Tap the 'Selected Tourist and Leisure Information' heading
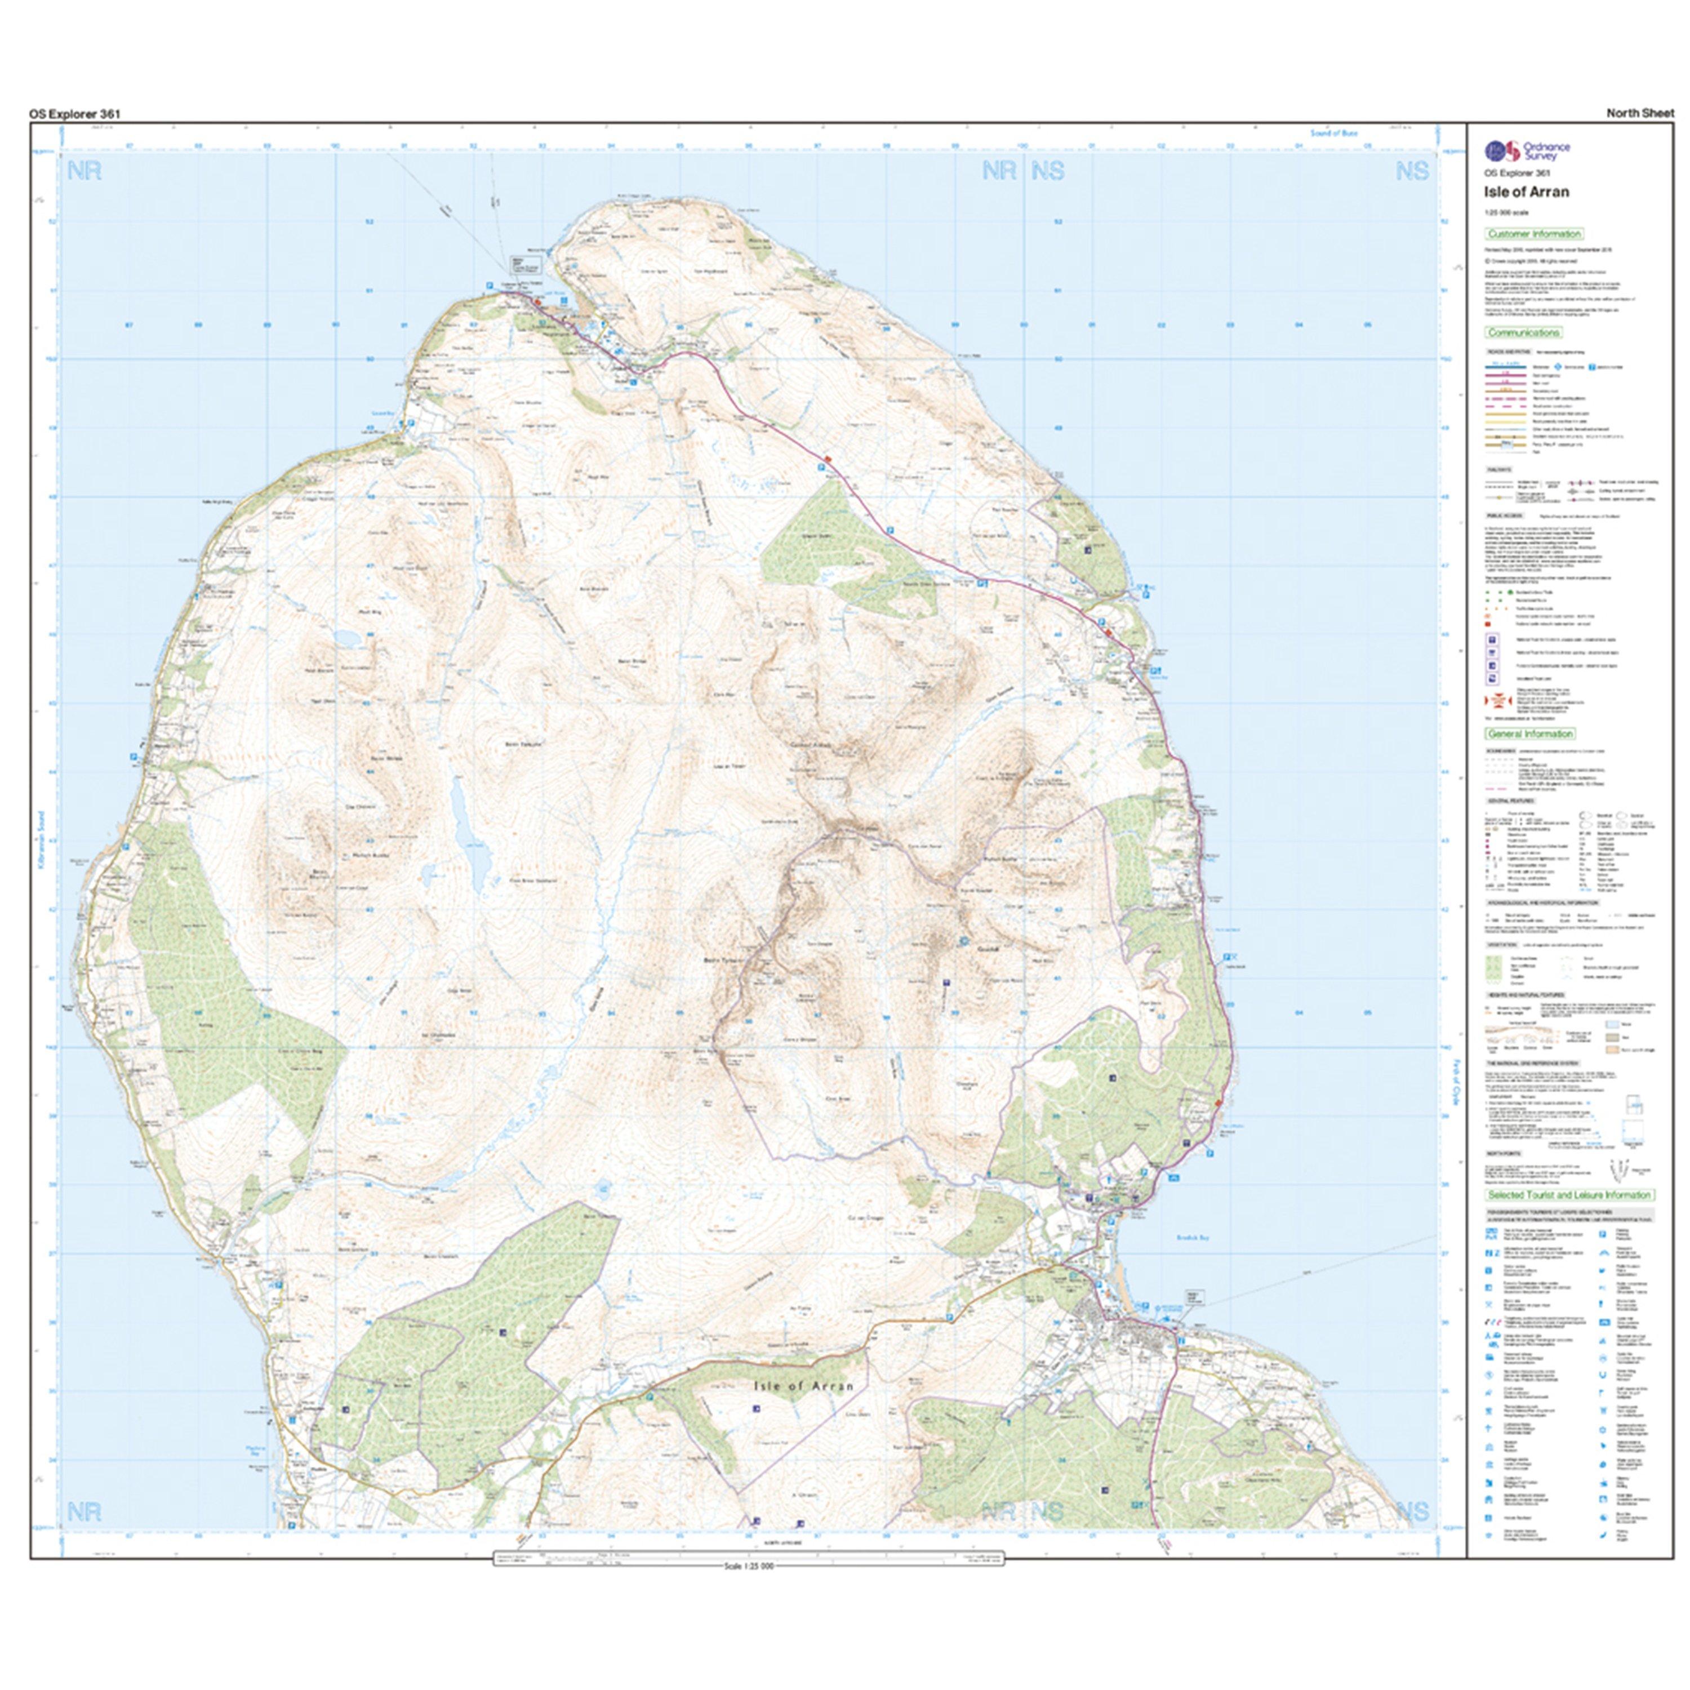point(1568,1195)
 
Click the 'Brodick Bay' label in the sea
point(1192,1239)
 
